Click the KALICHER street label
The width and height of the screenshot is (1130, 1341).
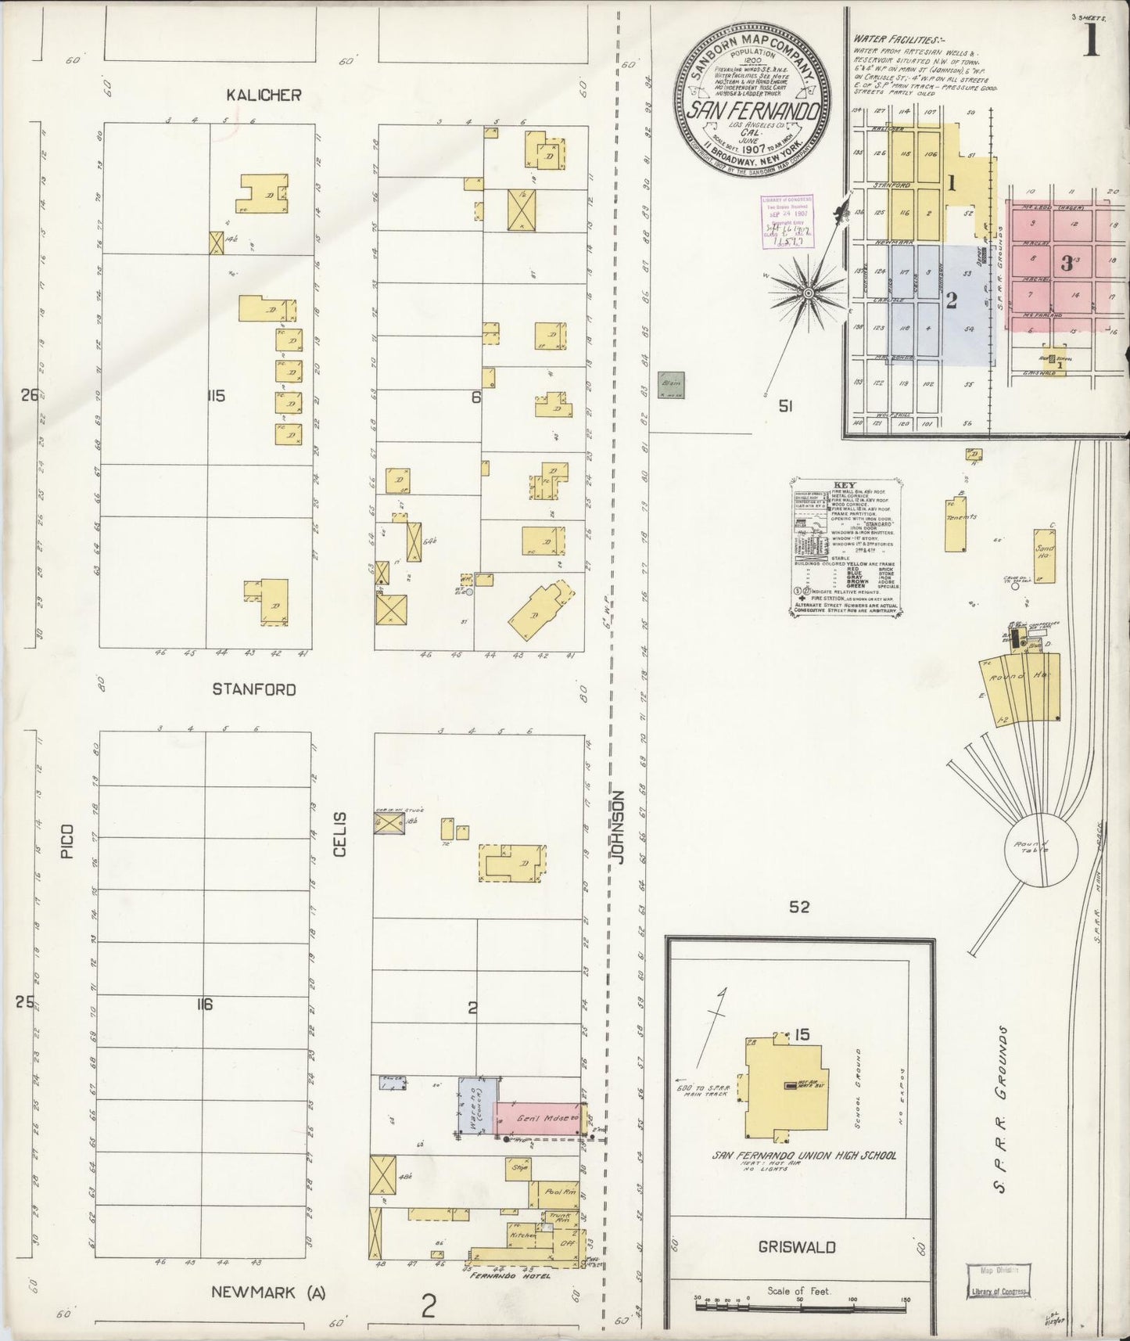coord(264,95)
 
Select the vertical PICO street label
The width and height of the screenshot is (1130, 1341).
coord(68,840)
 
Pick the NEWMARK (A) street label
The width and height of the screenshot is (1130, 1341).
coord(269,1292)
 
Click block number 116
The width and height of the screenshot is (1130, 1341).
coord(204,1005)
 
